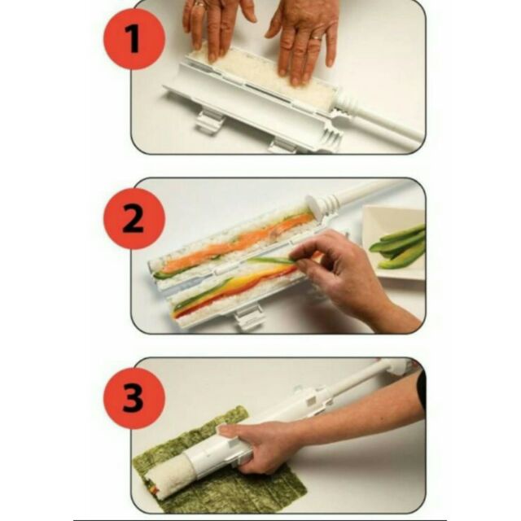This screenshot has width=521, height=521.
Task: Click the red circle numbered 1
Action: (x=134, y=39)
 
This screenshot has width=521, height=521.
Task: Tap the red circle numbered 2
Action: (x=134, y=219)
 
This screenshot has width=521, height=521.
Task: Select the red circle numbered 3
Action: (x=134, y=398)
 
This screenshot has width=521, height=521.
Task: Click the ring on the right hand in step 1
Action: (x=316, y=37)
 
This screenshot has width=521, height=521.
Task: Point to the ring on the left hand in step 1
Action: (x=199, y=4)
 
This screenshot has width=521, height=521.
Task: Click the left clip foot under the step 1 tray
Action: (x=209, y=122)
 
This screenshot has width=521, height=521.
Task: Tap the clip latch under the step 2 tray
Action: (x=248, y=318)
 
